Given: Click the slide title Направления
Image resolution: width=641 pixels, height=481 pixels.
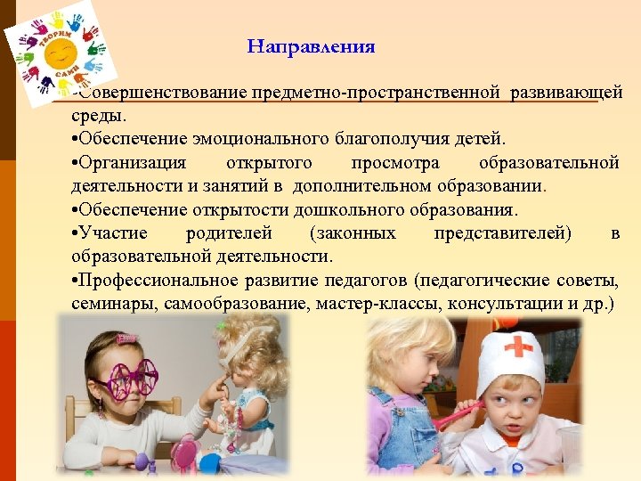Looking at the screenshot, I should click(311, 46).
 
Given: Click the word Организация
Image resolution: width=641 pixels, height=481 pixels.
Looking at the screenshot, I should click(133, 162).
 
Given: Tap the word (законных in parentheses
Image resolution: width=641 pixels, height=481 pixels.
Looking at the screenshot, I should click(353, 232).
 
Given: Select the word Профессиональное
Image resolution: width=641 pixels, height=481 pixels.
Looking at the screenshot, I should click(151, 280).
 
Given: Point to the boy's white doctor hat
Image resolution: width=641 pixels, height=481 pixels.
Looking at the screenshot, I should click(511, 356).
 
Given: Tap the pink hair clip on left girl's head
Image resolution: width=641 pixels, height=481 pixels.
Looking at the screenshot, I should click(127, 339).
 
